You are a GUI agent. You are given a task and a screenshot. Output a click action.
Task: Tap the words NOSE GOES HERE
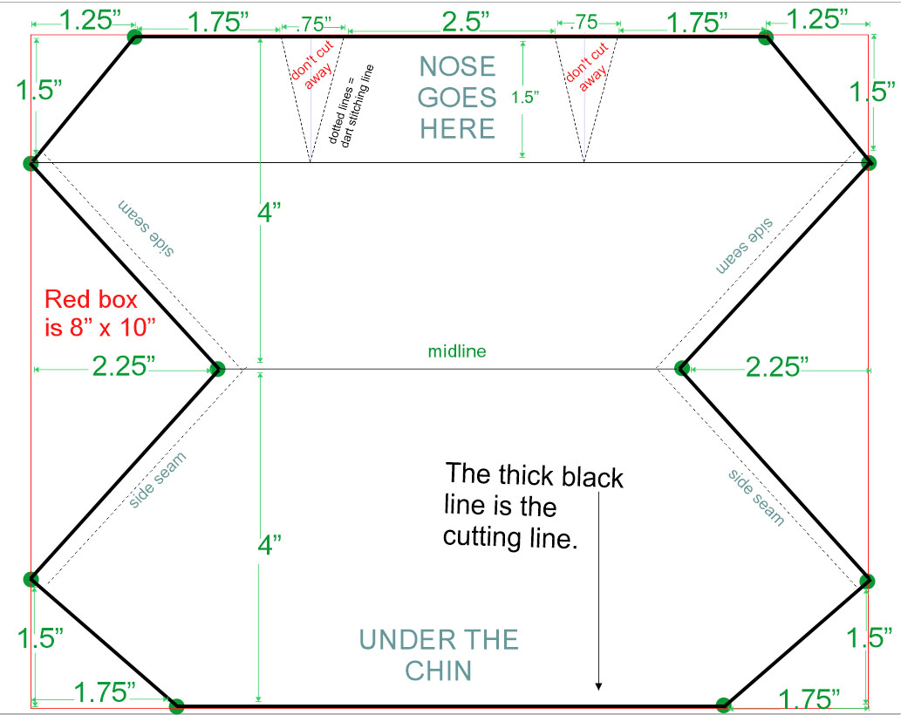click(x=457, y=97)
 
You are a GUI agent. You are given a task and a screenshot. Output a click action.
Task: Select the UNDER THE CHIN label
click(x=439, y=655)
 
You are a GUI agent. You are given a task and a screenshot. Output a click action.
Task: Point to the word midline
click(x=456, y=352)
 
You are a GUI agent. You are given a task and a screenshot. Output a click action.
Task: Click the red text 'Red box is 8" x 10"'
click(x=92, y=313)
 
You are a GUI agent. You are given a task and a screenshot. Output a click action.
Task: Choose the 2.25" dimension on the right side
click(x=775, y=367)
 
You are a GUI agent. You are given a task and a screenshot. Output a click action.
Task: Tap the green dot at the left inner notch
click(x=217, y=368)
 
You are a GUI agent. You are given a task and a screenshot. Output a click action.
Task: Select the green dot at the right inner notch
click(x=683, y=368)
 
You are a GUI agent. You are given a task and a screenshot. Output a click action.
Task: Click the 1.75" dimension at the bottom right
click(x=809, y=698)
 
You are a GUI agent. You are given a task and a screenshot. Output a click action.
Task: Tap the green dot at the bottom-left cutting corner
click(x=176, y=705)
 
